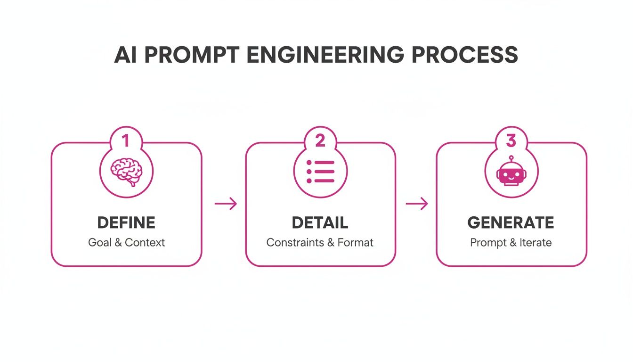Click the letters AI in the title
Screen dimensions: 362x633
pos(126,56)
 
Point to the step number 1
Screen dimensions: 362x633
pos(125,140)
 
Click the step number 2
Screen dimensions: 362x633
pos(320,140)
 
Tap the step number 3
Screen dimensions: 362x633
pos(511,140)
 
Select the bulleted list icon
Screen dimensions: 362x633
pos(320,171)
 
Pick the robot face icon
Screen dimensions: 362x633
pos(511,173)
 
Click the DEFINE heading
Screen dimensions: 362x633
pos(126,222)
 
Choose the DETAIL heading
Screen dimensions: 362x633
pos(320,222)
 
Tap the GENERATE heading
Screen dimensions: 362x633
pos(511,222)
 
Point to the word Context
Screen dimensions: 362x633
pos(145,243)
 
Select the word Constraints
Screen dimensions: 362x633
pos(294,243)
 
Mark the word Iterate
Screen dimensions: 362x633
pos(536,243)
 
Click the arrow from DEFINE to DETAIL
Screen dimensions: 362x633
pos(226,204)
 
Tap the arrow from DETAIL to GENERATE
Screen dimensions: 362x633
pos(417,204)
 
